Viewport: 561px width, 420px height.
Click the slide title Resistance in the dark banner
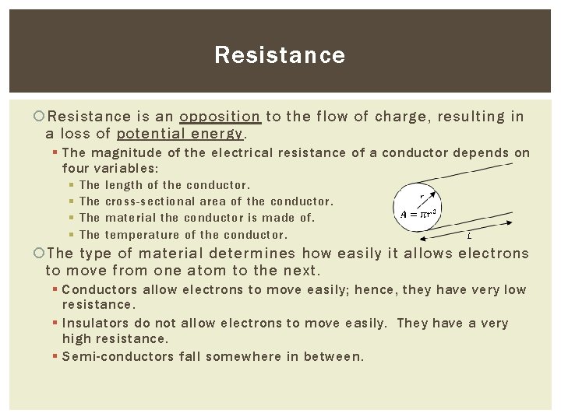point(280,55)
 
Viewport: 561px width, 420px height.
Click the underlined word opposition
point(220,117)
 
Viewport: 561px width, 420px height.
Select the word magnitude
point(124,152)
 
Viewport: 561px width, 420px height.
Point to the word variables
point(125,168)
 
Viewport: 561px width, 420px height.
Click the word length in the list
point(124,185)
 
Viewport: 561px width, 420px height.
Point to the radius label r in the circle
point(422,197)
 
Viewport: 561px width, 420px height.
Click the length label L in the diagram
point(468,235)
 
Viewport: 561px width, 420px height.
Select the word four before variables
point(75,168)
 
